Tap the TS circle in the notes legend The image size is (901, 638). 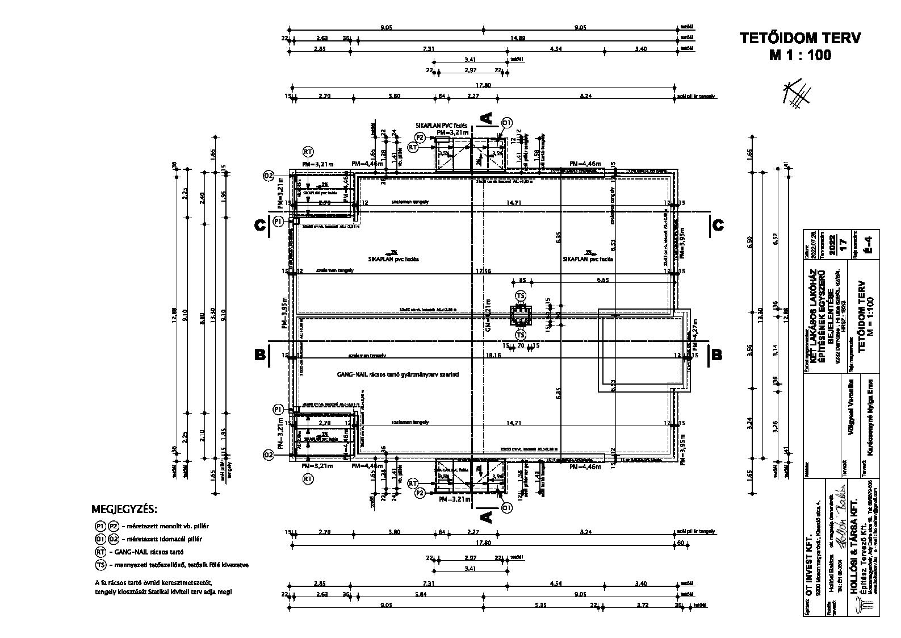coord(101,565)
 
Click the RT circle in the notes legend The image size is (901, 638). coord(101,552)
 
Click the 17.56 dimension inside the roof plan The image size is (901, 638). coord(484,271)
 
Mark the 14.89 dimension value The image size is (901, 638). coord(517,38)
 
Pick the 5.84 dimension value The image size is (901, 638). coord(421,594)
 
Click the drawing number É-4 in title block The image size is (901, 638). coord(867,243)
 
